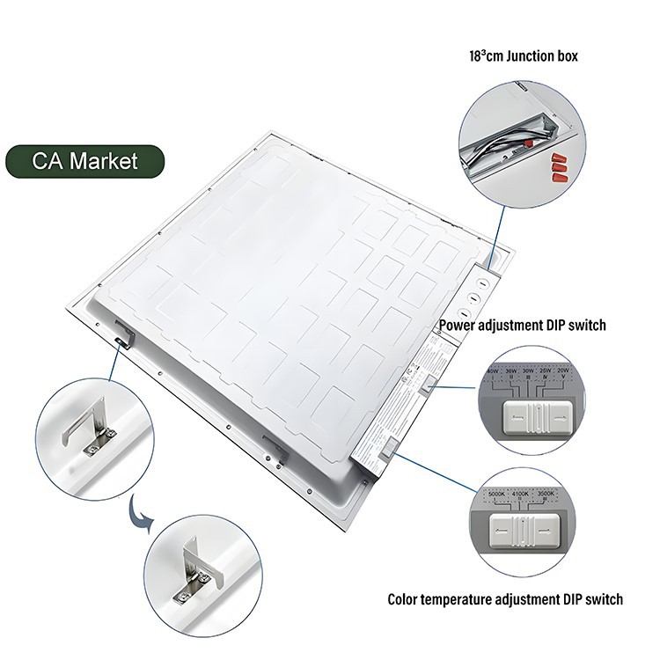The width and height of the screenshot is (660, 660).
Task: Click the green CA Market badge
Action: [x=85, y=162]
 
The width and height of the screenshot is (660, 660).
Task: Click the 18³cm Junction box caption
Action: [x=523, y=56]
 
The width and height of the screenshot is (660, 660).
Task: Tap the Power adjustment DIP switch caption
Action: [x=523, y=326]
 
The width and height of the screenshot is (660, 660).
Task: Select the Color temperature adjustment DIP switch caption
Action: [x=505, y=599]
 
